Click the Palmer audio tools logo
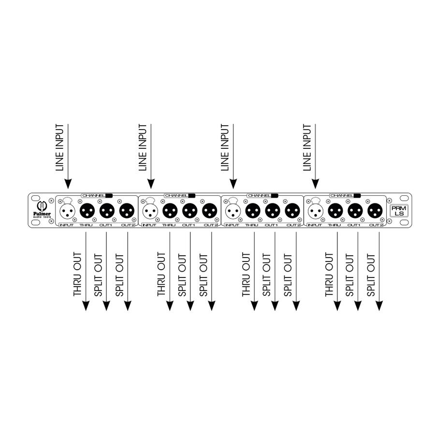42,209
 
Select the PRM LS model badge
399,211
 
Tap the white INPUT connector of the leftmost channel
67,211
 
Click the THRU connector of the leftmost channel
87,211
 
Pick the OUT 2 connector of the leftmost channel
127,211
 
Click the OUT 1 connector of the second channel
190,211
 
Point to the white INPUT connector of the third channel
233,211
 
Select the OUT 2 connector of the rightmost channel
375,211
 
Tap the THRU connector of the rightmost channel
335,211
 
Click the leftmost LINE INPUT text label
59,147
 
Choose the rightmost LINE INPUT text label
307,147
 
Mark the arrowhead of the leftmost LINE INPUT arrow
68,184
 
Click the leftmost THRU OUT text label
77,274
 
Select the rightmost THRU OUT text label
329,274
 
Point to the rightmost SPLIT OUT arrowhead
379,306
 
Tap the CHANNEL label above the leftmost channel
93,196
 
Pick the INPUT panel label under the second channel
149,225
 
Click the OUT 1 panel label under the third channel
271,225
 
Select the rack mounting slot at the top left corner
35,198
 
